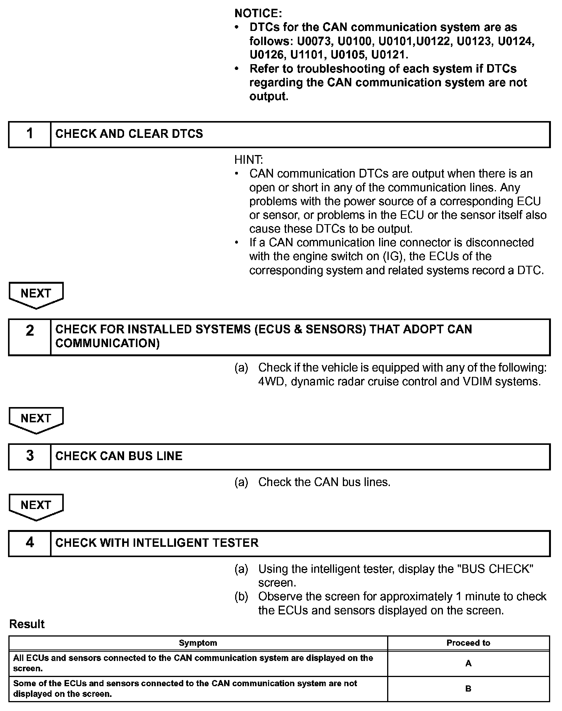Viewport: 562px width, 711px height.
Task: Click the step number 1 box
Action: [30, 134]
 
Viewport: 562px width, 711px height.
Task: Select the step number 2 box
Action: [30, 337]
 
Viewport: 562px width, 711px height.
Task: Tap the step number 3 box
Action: [30, 456]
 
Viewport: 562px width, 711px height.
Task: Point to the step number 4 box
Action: [30, 543]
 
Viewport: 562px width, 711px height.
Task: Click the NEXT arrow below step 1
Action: [36, 294]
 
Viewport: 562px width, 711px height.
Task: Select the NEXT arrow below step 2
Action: [36, 419]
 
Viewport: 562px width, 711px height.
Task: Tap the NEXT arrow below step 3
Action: [36, 506]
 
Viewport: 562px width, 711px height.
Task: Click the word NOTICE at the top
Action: [258, 14]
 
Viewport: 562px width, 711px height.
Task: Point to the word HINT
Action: [249, 160]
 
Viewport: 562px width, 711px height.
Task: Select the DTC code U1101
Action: [308, 55]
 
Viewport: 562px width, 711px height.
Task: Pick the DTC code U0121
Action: [389, 55]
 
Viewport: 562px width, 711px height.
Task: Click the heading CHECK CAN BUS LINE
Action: [119, 456]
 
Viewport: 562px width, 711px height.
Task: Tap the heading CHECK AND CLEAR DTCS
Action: [129, 134]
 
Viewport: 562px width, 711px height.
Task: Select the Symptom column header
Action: [198, 643]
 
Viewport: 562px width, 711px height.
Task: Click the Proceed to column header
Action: [468, 643]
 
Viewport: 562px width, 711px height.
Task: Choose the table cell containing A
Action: [468, 664]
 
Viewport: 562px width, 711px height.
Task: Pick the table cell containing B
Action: [468, 689]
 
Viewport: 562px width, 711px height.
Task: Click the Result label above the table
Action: [27, 624]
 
